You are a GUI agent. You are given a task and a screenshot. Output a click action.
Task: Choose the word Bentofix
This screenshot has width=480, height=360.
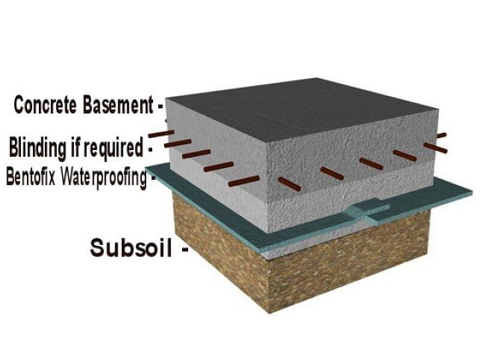[x=30, y=178]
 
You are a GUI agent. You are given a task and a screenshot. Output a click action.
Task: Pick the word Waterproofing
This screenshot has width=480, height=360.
[x=101, y=178]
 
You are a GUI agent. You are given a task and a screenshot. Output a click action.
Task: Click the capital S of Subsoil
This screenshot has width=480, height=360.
[x=97, y=247]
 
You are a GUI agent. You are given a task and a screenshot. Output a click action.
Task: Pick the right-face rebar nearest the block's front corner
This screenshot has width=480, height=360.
[x=290, y=184]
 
